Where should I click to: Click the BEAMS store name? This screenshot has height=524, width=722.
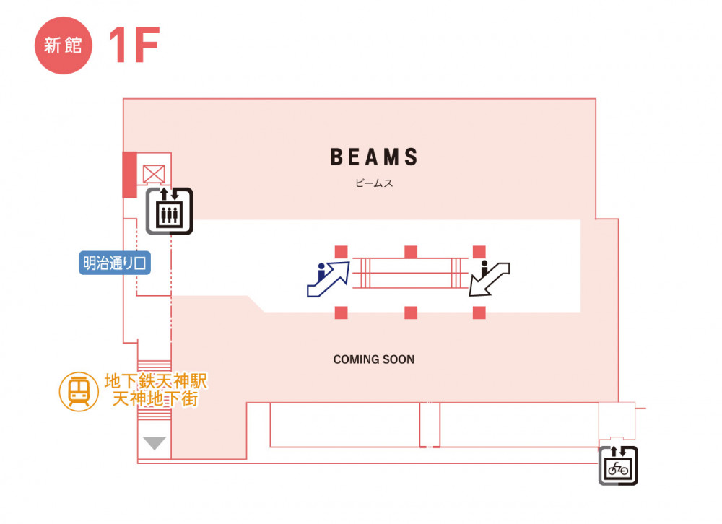click(x=374, y=157)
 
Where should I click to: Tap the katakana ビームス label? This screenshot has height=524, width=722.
click(x=374, y=184)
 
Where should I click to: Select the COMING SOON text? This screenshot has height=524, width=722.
click(x=374, y=359)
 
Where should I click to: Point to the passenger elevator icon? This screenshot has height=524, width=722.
click(x=170, y=211)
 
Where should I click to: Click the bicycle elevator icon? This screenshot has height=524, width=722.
click(x=619, y=466)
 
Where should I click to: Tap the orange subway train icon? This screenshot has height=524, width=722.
click(x=78, y=391)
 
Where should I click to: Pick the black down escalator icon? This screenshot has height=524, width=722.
click(x=490, y=278)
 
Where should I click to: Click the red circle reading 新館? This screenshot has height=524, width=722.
click(x=64, y=45)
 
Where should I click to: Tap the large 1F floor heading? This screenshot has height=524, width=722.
click(x=134, y=46)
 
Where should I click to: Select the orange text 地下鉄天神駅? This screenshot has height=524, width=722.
click(x=160, y=380)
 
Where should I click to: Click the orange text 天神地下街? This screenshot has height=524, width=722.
click(x=155, y=398)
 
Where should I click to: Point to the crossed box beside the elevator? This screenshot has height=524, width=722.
click(x=154, y=174)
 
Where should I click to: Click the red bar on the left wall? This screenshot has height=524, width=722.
click(x=130, y=174)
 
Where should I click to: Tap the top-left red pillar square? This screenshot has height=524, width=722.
click(x=342, y=251)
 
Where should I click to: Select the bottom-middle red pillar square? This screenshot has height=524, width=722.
click(x=411, y=313)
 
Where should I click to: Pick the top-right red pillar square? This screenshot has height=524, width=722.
click(x=479, y=251)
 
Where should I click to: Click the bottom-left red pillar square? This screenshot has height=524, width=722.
click(x=342, y=313)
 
